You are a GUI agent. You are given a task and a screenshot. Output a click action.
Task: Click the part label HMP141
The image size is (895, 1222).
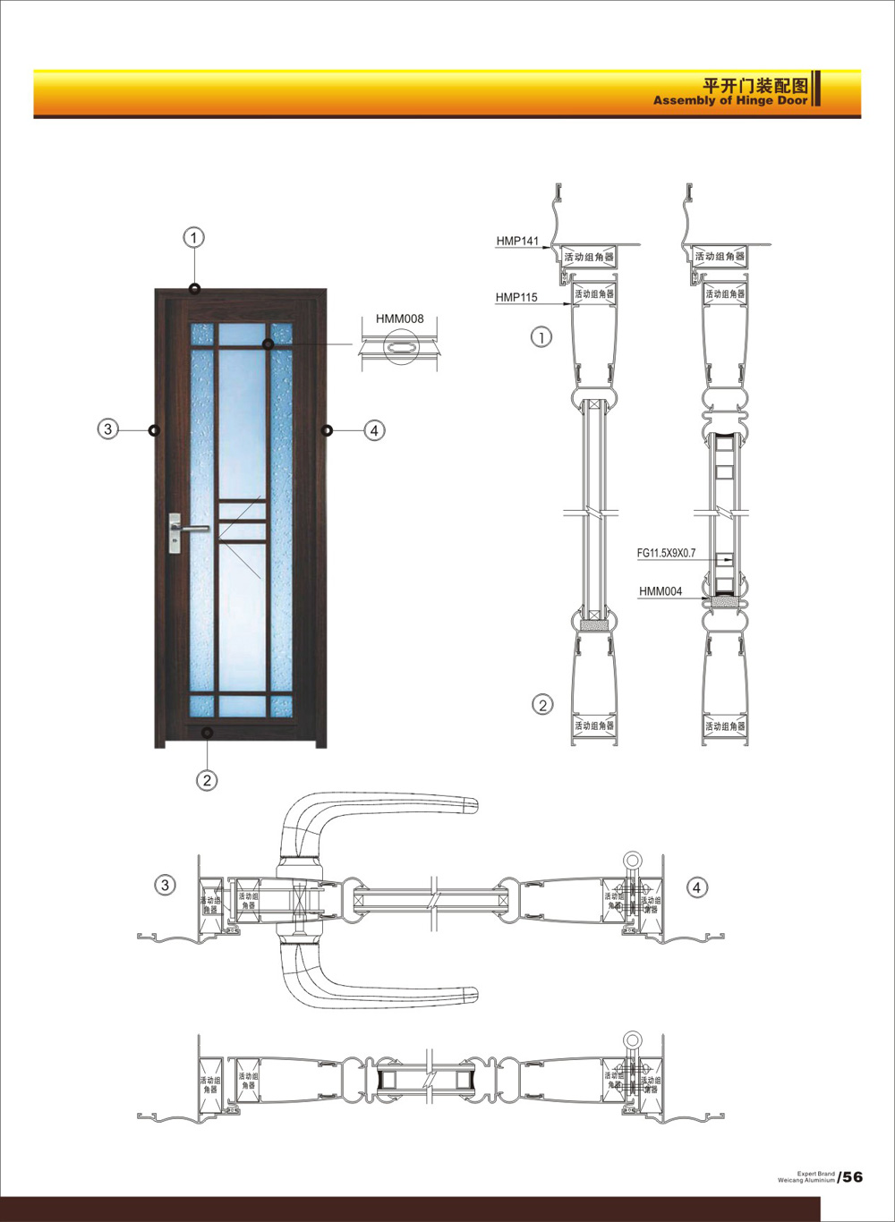click(517, 242)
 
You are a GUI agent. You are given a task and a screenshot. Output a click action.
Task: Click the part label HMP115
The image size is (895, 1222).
click(516, 297)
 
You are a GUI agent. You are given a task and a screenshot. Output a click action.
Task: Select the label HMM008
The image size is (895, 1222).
click(399, 319)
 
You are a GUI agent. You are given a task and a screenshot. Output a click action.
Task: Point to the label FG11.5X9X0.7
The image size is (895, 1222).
click(666, 554)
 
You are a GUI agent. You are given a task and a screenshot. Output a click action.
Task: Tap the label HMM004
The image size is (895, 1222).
click(661, 591)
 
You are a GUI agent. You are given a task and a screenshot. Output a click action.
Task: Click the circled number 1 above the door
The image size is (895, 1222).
click(194, 237)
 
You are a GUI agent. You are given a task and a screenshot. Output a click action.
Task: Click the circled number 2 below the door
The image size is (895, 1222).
click(207, 780)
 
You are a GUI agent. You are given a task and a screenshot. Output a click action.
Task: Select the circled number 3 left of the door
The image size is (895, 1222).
click(108, 429)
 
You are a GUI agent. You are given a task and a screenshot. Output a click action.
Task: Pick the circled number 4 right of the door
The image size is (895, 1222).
click(374, 430)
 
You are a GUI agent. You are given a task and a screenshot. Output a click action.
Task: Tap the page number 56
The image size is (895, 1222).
click(852, 1176)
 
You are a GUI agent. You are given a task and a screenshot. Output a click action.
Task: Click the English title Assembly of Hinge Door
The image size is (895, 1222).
click(730, 101)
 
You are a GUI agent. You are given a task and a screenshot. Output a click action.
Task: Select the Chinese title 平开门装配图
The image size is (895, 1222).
click(755, 86)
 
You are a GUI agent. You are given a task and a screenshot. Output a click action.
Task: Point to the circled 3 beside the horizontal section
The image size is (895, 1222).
click(166, 886)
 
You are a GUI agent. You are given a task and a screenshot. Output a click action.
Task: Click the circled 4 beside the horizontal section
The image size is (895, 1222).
click(696, 887)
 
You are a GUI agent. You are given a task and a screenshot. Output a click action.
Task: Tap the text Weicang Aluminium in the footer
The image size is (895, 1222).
click(806, 1180)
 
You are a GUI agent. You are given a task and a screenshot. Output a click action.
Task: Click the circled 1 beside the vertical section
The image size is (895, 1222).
click(542, 337)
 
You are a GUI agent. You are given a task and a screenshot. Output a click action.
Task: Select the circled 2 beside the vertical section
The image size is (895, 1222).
click(543, 704)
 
